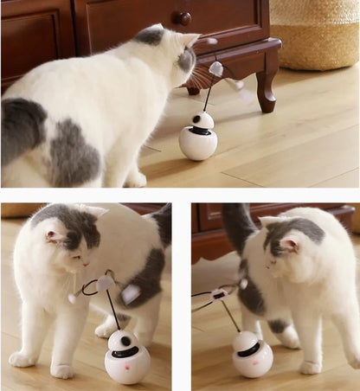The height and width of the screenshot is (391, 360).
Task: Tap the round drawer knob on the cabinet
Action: (183, 17)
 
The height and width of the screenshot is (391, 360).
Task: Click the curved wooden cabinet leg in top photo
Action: (265, 87)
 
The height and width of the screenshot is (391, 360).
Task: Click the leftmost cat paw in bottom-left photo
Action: (22, 358)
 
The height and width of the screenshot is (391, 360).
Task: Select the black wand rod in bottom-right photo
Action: (231, 316)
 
